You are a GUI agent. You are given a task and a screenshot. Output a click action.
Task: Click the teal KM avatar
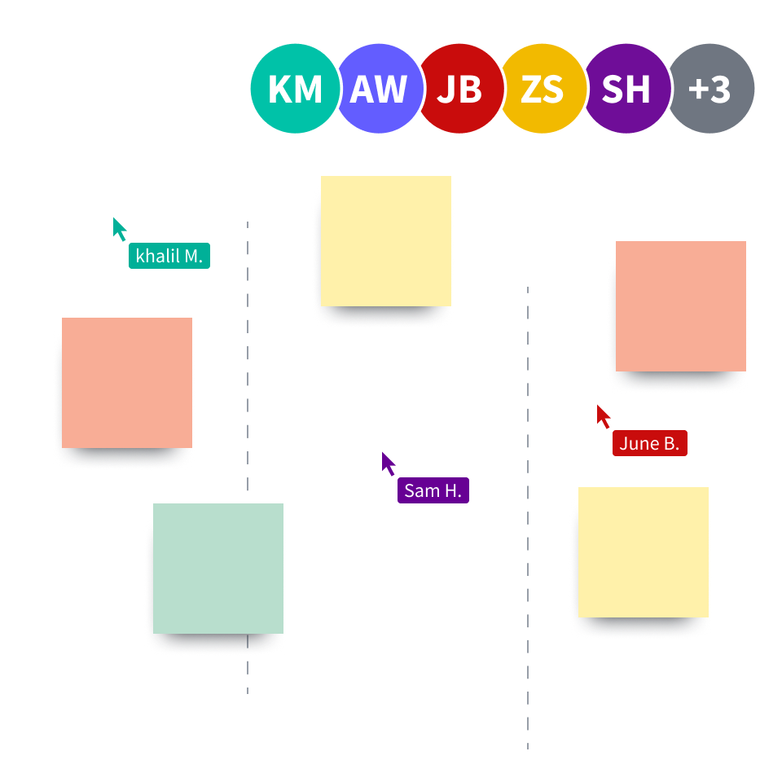pos(293,88)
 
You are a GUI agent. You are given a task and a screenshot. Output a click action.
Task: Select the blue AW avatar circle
pos(379,88)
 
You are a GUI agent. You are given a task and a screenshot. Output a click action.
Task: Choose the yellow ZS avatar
pos(543,88)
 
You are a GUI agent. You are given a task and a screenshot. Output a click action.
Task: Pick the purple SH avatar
pos(626,88)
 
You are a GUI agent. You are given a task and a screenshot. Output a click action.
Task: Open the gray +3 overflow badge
pos(710,88)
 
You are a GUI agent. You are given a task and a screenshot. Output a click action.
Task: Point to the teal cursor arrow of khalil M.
pos(120,228)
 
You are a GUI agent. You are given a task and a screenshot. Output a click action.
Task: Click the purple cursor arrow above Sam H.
pos(389,463)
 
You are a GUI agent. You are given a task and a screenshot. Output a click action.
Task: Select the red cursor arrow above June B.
pos(604,415)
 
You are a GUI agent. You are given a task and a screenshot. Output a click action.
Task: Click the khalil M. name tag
pos(169,256)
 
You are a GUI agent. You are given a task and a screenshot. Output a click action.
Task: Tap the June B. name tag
pos(649,443)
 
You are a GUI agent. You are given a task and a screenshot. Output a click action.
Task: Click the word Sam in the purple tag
pos(420,490)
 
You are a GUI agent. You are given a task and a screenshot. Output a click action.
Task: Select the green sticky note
pos(218,568)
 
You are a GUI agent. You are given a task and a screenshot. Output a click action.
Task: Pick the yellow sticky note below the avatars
pos(386,241)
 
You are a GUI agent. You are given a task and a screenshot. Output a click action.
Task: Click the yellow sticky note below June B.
pos(644,551)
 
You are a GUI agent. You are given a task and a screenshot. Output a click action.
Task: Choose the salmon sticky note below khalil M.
pos(127,382)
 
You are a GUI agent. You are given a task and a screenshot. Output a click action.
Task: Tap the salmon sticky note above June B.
pos(681,305)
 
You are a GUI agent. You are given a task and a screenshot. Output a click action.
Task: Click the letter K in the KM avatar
pos(280,89)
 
